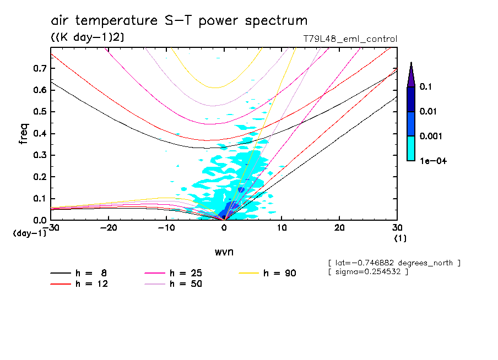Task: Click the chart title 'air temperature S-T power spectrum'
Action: pos(179,21)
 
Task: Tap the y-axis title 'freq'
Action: pos(24,134)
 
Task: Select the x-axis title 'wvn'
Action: pos(224,252)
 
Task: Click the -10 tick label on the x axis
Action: pos(166,228)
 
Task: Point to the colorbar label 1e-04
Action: pos(430,161)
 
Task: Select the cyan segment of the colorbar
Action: pos(411,148)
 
